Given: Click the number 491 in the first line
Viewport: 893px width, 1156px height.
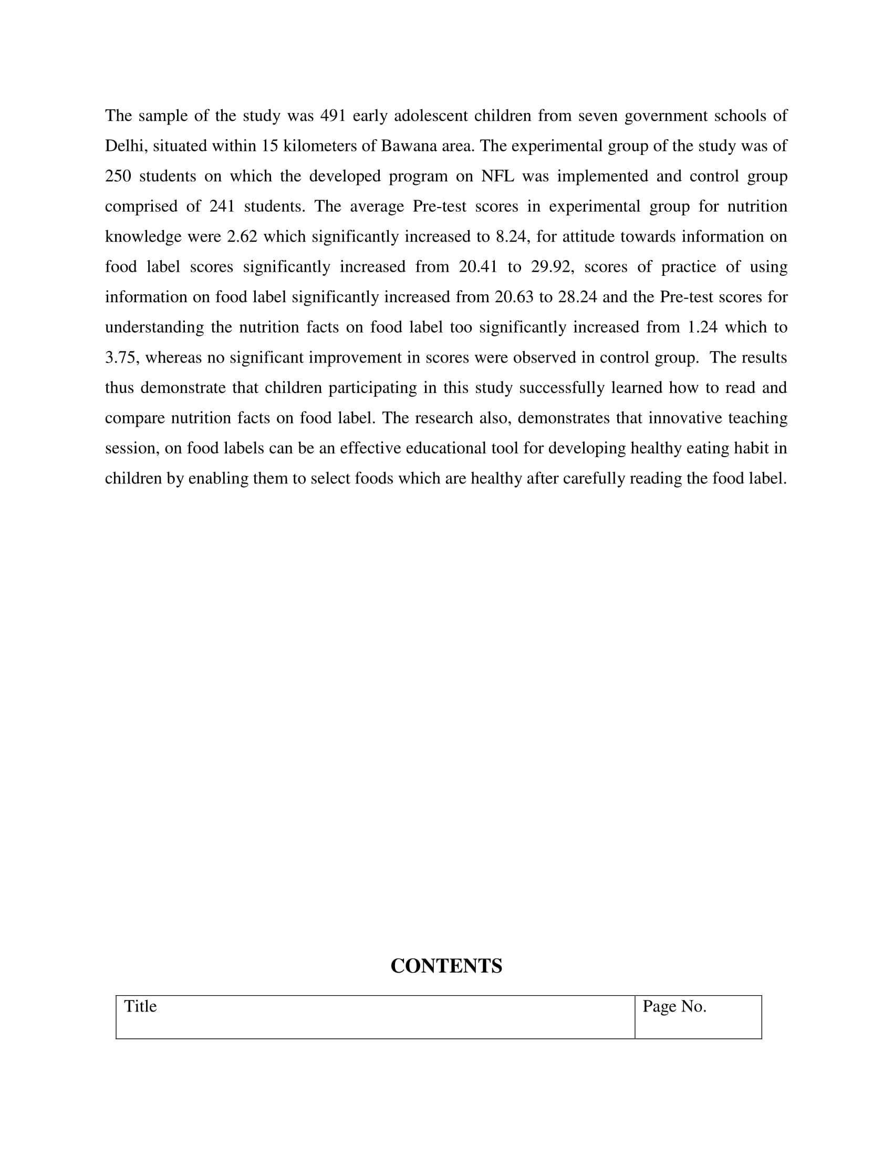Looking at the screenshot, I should pyautogui.click(x=333, y=116).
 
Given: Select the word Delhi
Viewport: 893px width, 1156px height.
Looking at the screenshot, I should pyautogui.click(x=124, y=146).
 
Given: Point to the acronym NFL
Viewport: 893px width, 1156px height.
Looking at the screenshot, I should pyautogui.click(x=497, y=176).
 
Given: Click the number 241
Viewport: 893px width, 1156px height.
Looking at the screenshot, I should pyautogui.click(x=222, y=207).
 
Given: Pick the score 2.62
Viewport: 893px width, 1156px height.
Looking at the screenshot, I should pyautogui.click(x=242, y=236).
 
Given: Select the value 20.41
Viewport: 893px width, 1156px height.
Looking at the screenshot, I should pyautogui.click(x=478, y=267).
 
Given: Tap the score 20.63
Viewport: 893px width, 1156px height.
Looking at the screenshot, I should pyautogui.click(x=514, y=297).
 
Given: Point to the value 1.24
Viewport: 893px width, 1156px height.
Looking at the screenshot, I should pyautogui.click(x=702, y=327).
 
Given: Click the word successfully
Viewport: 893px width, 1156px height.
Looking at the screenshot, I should pyautogui.click(x=562, y=388).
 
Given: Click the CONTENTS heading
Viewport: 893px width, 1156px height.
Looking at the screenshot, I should pyautogui.click(x=446, y=966).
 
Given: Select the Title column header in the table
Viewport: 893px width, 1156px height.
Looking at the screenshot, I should pyautogui.click(x=140, y=1006).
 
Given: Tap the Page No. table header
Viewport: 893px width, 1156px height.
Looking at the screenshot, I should pyautogui.click(x=674, y=1006).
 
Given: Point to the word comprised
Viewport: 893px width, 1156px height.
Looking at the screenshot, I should pyautogui.click(x=141, y=207).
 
